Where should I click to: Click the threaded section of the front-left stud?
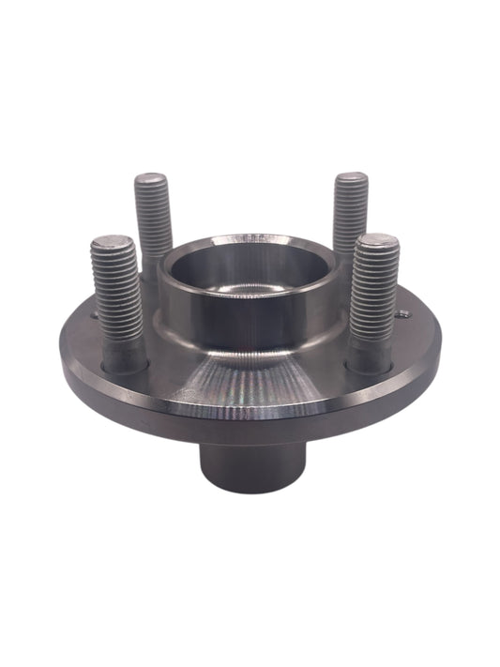(116, 291)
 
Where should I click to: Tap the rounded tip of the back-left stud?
(152, 179)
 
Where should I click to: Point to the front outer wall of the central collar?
(246, 319)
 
